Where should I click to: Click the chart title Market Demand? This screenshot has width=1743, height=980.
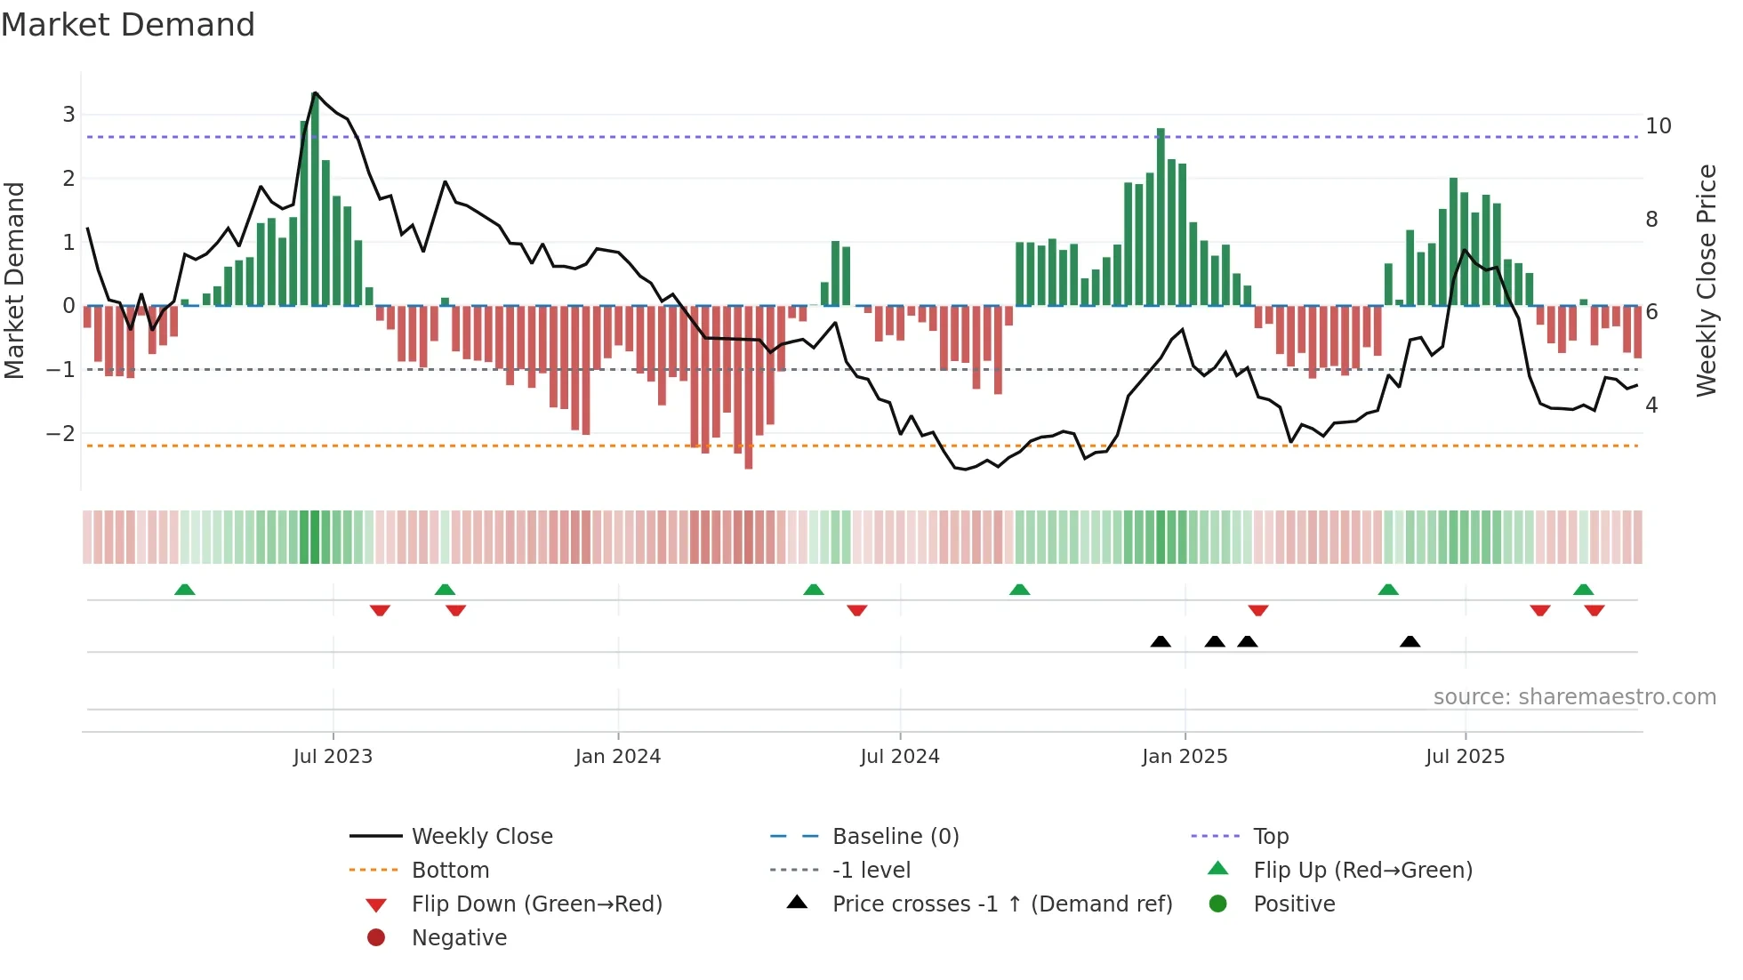[128, 25]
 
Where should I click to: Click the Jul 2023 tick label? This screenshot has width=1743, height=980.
[333, 757]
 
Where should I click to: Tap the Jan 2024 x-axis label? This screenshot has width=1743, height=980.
[617, 757]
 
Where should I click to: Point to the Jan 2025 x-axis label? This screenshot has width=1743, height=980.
[1185, 757]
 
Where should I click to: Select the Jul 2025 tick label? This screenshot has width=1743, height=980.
[1465, 757]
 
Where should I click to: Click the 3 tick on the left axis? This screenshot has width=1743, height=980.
[68, 115]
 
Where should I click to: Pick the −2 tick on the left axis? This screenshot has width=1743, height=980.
[61, 434]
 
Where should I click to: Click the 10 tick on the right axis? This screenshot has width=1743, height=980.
[1658, 126]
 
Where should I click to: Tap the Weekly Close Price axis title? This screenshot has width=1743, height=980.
[1706, 280]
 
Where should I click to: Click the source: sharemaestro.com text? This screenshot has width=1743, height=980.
[1574, 697]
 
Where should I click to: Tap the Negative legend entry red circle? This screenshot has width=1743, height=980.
[376, 938]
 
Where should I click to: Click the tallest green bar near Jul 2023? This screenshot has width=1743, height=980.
[315, 200]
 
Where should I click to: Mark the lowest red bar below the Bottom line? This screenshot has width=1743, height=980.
[748, 388]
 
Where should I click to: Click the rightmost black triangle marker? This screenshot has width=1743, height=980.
[1410, 641]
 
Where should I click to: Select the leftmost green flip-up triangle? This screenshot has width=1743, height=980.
[184, 590]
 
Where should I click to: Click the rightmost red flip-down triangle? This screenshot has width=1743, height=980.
[1594, 610]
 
